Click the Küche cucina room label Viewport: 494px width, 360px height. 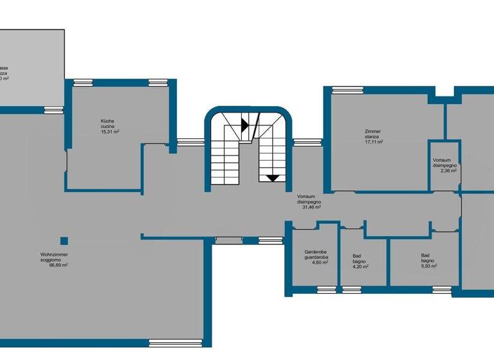coord(107,123)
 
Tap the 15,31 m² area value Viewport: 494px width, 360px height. coord(110,131)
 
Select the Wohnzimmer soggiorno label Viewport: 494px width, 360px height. coord(55,257)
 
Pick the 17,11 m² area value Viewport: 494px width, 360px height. coord(374,142)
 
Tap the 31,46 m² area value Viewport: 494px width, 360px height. coord(309,208)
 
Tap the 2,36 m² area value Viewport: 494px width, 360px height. coord(444,171)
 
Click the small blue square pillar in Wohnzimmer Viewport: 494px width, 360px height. coord(64,241)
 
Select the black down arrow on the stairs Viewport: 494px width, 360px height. coord(273,178)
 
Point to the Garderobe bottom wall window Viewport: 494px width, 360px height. coord(327,290)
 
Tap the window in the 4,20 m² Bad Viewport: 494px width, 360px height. coord(352,290)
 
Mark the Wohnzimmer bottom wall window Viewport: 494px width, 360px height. coord(167,342)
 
